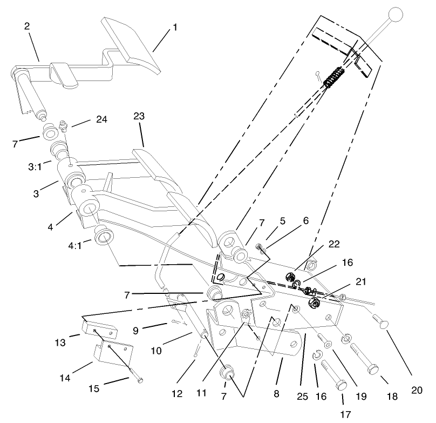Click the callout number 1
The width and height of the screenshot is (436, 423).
[174, 26]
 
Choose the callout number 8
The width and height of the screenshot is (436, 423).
[276, 395]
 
